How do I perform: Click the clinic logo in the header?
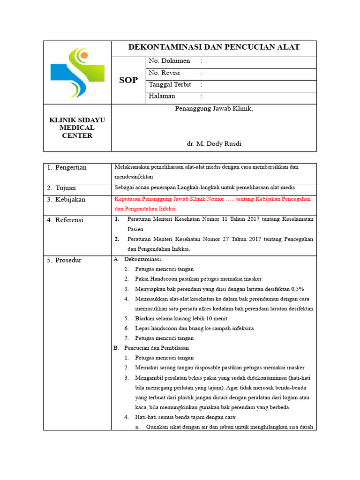point(75,73)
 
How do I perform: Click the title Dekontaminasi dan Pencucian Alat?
point(214,47)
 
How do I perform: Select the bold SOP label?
point(128,80)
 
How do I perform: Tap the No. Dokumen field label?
point(169,61)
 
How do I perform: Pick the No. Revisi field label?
point(164,73)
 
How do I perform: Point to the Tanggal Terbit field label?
point(170,84)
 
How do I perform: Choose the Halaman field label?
point(162,96)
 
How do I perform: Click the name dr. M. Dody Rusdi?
point(214,144)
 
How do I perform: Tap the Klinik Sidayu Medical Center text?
point(77,128)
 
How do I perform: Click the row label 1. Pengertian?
point(67,168)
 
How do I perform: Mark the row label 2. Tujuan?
point(61,188)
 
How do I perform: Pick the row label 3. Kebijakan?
point(66,200)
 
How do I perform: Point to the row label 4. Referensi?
point(65,220)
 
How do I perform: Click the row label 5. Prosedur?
point(64,260)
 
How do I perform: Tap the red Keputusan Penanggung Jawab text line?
point(213,199)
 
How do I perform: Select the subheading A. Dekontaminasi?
point(137,259)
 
